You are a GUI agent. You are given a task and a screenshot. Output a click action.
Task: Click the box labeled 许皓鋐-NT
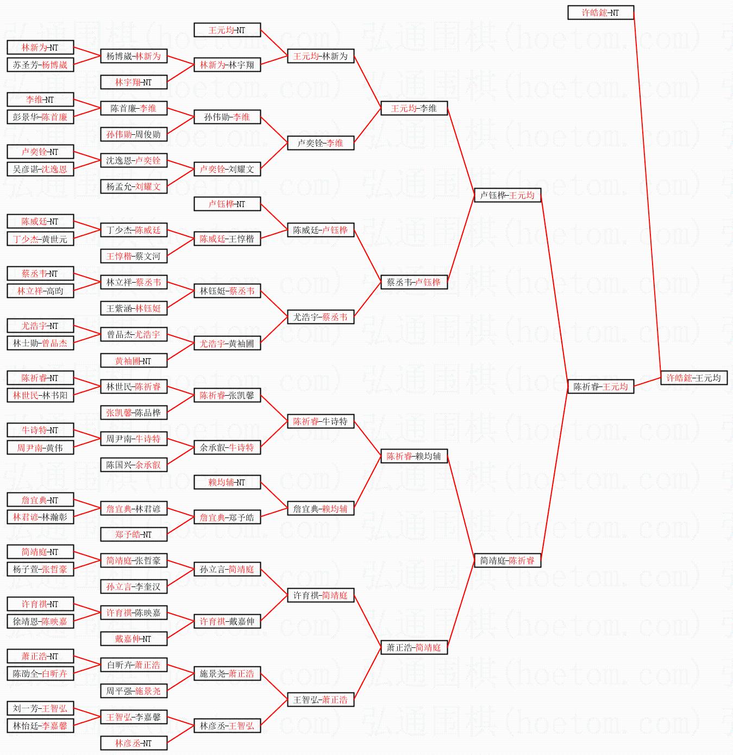[x=600, y=13]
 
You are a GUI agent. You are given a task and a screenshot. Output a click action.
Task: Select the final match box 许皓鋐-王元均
[x=693, y=378]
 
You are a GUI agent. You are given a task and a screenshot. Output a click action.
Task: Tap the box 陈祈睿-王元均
[x=600, y=386]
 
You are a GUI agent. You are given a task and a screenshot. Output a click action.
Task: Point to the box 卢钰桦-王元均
[x=507, y=195]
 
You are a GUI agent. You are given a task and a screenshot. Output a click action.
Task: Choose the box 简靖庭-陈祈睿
[x=507, y=560]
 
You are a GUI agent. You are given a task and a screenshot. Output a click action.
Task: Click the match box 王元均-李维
[x=414, y=108]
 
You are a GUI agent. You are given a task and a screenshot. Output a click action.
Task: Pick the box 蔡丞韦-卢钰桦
[x=414, y=282]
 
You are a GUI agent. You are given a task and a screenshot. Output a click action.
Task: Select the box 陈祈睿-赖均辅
[x=414, y=456]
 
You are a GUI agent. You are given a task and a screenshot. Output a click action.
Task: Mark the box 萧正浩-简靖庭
[x=414, y=647]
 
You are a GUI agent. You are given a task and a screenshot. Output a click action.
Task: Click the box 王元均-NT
[x=227, y=30]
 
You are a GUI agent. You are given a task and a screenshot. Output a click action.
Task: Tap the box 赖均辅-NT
[x=227, y=482]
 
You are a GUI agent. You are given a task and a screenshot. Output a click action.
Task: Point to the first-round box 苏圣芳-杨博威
[x=40, y=65]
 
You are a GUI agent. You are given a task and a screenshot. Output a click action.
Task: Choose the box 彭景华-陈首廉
[x=40, y=117]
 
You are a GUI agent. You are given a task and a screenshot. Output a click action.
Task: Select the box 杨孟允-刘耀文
[x=134, y=186]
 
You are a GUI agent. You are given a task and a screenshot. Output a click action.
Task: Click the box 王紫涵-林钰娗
[x=134, y=308]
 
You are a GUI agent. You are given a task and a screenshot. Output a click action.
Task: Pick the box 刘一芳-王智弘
[x=40, y=708]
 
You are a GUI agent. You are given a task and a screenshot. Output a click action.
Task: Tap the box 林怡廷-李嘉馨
[x=40, y=726]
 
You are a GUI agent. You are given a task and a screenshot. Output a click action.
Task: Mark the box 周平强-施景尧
[x=134, y=691]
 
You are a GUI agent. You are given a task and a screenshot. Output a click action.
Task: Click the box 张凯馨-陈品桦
[x=134, y=413]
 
